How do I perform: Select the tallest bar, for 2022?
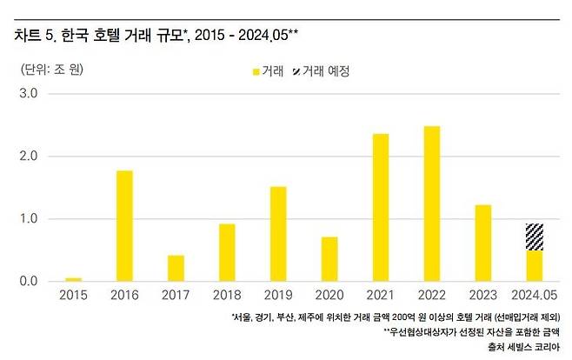[432, 203]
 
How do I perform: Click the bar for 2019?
[277, 233]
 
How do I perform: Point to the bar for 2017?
[175, 268]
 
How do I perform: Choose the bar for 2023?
[483, 243]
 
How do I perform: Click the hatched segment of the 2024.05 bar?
[535, 237]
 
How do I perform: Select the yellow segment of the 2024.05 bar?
[535, 266]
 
